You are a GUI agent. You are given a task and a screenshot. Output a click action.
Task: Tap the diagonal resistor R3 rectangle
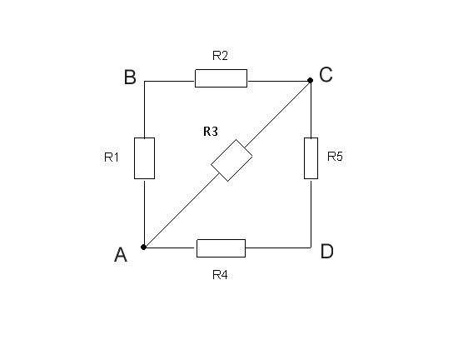coord(232,160)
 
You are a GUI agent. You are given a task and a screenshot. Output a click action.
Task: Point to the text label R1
coord(112,157)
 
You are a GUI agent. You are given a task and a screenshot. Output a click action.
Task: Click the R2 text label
coord(221,56)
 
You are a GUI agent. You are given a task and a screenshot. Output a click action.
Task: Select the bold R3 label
coord(211,131)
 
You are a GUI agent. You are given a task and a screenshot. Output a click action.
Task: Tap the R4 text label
coord(221,274)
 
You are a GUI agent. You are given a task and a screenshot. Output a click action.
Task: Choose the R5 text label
coord(335,156)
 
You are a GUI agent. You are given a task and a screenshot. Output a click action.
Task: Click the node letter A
coord(121,254)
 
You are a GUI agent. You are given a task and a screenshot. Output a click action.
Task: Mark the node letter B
coord(130,77)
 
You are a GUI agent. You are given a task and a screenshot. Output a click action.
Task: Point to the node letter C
coord(326,74)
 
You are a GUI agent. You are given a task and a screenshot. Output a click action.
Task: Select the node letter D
coord(326,251)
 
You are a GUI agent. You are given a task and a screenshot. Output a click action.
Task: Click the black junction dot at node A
coord(143,247)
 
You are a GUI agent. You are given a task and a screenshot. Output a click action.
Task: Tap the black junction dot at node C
coord(311,80)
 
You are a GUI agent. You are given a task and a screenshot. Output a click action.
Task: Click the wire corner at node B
coord(144,81)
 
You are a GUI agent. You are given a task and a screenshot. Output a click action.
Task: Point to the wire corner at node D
coord(311,247)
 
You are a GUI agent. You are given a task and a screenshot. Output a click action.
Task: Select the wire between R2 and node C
coord(278,81)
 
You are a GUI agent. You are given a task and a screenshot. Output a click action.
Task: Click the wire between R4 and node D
coord(278,247)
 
